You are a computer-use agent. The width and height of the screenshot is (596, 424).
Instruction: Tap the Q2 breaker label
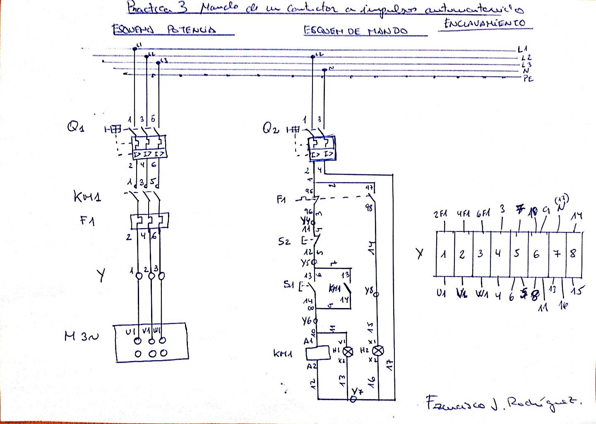[271, 128]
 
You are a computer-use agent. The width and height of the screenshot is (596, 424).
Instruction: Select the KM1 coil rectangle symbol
[317, 353]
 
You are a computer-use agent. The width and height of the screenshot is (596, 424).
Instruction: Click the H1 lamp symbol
[349, 352]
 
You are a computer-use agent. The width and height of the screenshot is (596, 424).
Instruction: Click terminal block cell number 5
[517, 253]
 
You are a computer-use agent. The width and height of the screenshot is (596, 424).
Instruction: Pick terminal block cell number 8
[573, 253]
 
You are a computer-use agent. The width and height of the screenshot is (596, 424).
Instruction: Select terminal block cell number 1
[444, 253]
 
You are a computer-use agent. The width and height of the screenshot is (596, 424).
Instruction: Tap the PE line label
[528, 79]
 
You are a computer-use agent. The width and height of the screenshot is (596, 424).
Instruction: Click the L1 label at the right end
[522, 49]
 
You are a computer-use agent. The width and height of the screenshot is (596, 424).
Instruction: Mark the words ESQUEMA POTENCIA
[164, 30]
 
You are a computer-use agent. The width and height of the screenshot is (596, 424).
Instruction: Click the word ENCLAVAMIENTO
[484, 23]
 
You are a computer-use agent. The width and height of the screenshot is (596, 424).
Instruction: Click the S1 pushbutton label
[288, 284]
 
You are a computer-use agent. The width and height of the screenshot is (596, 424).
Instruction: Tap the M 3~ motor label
[82, 336]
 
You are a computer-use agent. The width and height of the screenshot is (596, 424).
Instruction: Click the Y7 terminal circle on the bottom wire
[353, 399]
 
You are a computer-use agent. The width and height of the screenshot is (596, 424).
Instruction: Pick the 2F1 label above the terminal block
[441, 214]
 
